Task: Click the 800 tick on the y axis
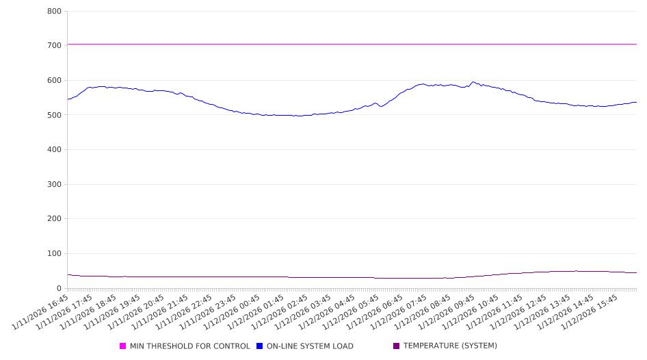[x=55, y=11]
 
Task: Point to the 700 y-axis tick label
[x=55, y=45]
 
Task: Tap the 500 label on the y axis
[x=55, y=115]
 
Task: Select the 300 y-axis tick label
[x=55, y=184]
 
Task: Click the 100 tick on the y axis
[x=55, y=254]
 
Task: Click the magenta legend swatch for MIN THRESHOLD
[x=123, y=346]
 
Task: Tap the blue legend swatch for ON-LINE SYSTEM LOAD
[x=260, y=346]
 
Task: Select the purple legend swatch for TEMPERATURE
[x=397, y=346]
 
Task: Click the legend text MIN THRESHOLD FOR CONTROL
[x=189, y=346]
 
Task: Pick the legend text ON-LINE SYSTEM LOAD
[x=310, y=346]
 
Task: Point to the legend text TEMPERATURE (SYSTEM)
[x=450, y=346]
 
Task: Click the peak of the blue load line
[x=473, y=82]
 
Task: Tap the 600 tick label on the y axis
[x=55, y=80]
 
